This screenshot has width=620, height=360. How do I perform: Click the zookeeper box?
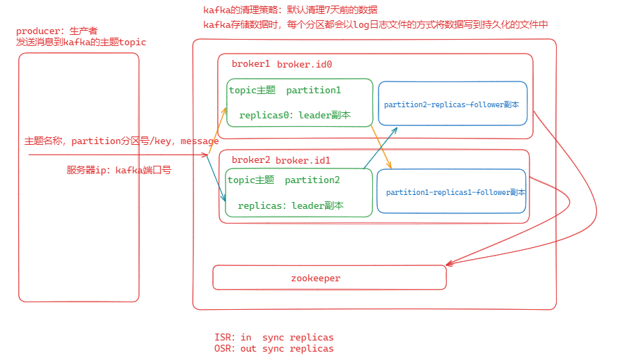[328, 277]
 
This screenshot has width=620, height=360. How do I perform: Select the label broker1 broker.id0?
[281, 64]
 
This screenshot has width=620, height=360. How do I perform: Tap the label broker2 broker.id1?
[280, 160]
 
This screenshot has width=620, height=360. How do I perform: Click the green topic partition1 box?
[299, 102]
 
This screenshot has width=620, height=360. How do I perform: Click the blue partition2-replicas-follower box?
[452, 104]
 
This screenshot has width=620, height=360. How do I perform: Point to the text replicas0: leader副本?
[294, 116]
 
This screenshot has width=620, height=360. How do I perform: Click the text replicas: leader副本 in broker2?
[290, 206]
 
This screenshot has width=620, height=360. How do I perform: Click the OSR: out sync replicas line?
[274, 349]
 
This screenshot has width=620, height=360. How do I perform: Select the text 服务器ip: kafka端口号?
[119, 170]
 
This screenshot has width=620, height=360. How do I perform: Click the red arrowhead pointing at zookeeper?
[449, 264]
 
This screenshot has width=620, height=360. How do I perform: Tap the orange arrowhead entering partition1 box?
[225, 110]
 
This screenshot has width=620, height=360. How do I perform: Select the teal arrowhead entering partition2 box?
[224, 199]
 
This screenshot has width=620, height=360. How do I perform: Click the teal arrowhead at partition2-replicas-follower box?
[396, 129]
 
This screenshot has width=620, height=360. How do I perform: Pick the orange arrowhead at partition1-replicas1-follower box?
[390, 166]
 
